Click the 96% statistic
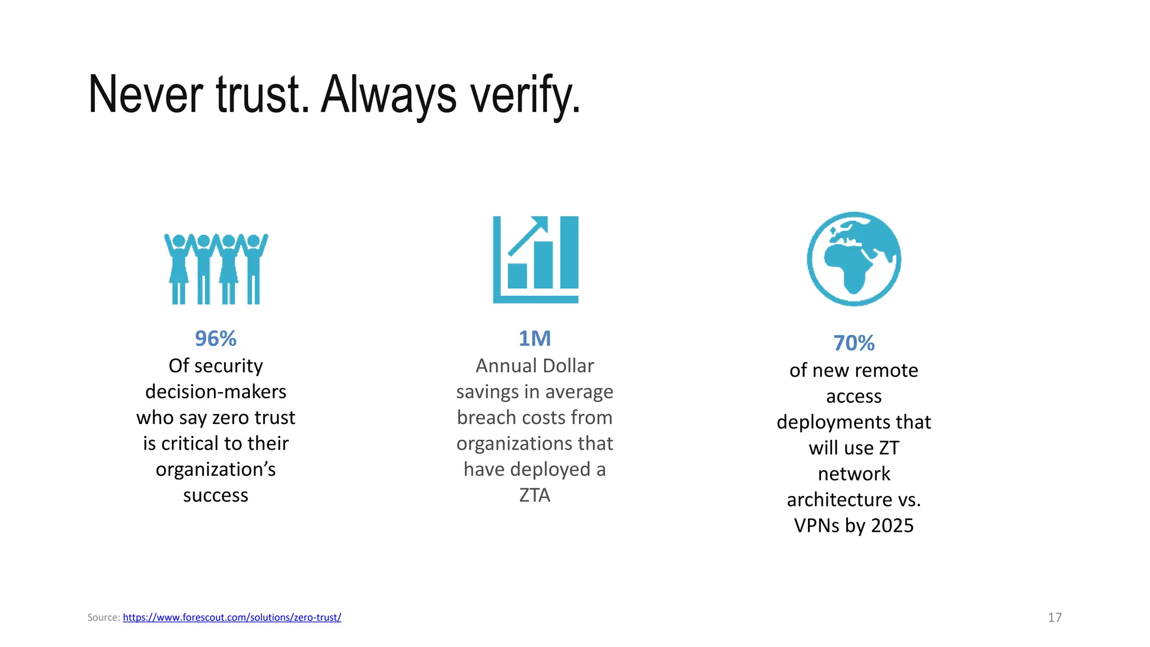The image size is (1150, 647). pyautogui.click(x=216, y=339)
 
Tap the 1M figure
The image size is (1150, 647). pyautogui.click(x=535, y=339)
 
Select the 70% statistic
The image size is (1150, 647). pyautogui.click(x=854, y=343)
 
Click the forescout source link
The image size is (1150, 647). pyautogui.click(x=232, y=617)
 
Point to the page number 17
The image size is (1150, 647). pyautogui.click(x=1055, y=617)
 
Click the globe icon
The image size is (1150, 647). pyautogui.click(x=854, y=259)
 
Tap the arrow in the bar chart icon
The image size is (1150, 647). pyautogui.click(x=528, y=235)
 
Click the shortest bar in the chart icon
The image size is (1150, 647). pyautogui.click(x=517, y=276)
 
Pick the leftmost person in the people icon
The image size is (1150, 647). pyautogui.click(x=179, y=268)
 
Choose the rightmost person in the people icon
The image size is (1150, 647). pyautogui.click(x=254, y=268)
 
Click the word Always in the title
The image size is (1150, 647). pyautogui.click(x=389, y=95)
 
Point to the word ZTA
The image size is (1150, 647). pyautogui.click(x=535, y=495)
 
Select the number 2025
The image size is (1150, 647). pyautogui.click(x=892, y=526)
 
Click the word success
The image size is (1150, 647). pyautogui.click(x=216, y=495)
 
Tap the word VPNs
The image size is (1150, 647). pyautogui.click(x=816, y=526)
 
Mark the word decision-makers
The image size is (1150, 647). pyautogui.click(x=216, y=391)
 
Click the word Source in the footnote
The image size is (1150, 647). pyautogui.click(x=103, y=617)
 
